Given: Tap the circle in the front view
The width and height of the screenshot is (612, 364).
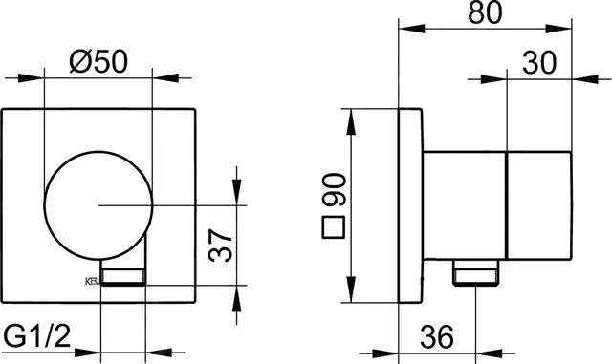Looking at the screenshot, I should (x=98, y=204).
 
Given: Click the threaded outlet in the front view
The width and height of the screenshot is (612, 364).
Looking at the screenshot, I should (x=123, y=277).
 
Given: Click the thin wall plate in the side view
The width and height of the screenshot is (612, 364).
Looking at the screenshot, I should (x=408, y=204).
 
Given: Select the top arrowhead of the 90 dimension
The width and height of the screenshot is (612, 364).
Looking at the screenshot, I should (x=353, y=116).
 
